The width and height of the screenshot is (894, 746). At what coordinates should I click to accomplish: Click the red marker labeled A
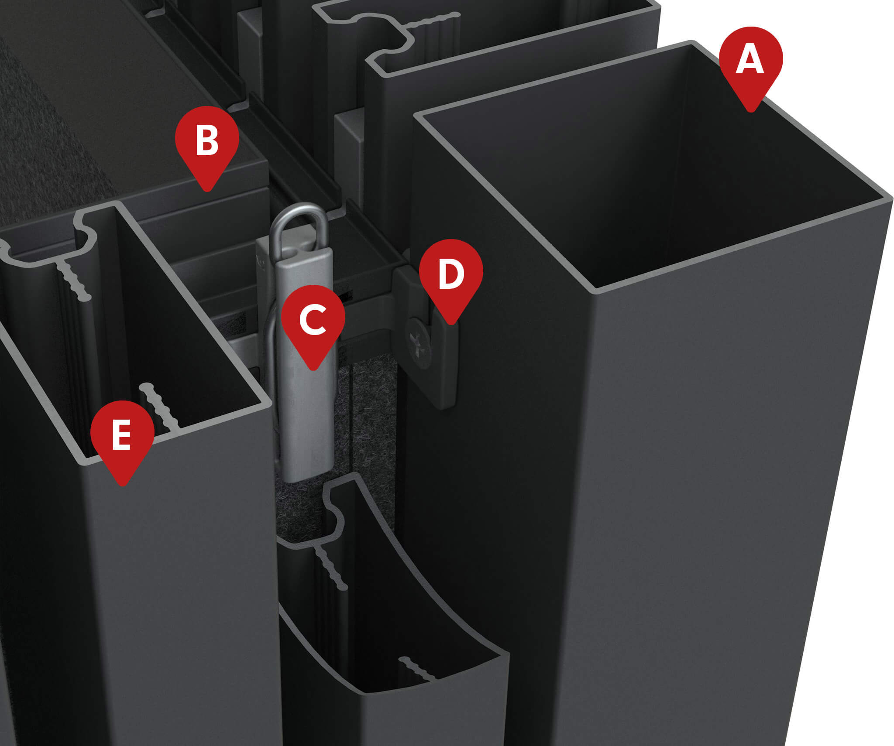coord(750,61)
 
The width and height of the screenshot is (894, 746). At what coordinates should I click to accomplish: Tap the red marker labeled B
coord(207,140)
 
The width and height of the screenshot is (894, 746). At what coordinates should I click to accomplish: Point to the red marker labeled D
coord(451,274)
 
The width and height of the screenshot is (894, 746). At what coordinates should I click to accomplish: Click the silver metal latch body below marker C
coord(306,419)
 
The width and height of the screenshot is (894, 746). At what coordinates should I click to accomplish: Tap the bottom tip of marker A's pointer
coord(751,111)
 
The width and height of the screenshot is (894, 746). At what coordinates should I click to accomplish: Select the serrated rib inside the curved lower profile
coord(417,670)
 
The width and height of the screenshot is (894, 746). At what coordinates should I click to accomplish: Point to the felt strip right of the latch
coord(371,414)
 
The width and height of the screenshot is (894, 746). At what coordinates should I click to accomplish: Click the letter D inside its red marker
coord(451,274)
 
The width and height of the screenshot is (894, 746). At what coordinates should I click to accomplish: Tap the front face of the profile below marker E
coord(175,589)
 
